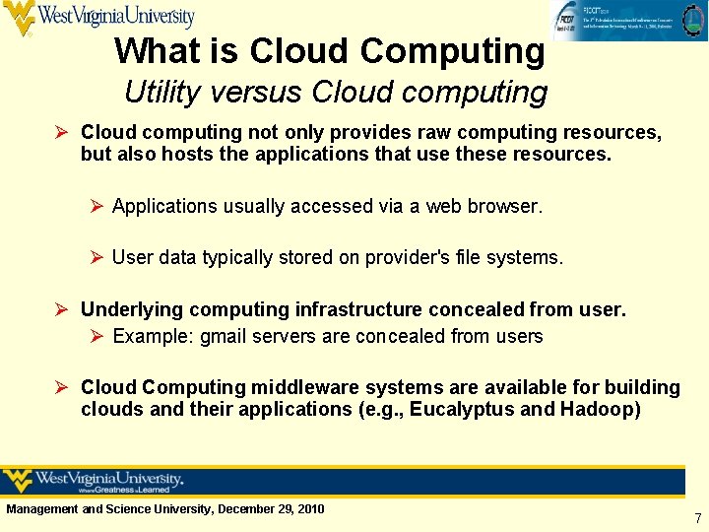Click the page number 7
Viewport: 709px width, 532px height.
(x=697, y=518)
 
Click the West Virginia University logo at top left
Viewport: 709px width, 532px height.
(x=98, y=18)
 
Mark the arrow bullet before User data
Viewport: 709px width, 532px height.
(x=97, y=257)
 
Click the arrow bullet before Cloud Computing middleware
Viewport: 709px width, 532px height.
(x=64, y=387)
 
